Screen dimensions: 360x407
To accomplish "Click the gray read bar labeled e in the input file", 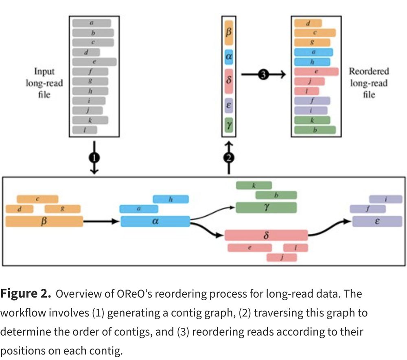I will click(x=94, y=62).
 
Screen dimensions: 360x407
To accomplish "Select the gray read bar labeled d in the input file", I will click(x=86, y=52).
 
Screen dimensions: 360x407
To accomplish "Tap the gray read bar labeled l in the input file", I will click(x=85, y=130).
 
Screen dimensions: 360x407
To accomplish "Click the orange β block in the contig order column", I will click(x=228, y=33).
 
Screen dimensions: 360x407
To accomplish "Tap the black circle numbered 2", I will click(x=229, y=158).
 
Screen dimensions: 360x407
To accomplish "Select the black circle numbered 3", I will click(x=263, y=75).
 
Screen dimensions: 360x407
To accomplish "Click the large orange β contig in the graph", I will click(x=44, y=222).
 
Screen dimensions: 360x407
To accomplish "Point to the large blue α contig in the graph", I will click(x=155, y=222).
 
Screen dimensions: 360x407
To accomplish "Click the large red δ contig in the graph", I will click(x=266, y=235).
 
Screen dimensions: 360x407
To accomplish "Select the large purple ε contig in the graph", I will click(x=377, y=222).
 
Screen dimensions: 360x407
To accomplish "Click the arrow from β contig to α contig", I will click(x=102, y=222).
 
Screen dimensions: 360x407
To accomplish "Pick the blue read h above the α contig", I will click(x=171, y=199).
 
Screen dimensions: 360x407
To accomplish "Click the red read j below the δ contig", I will click(x=282, y=257).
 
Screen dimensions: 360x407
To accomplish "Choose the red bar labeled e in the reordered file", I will click(x=316, y=72).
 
